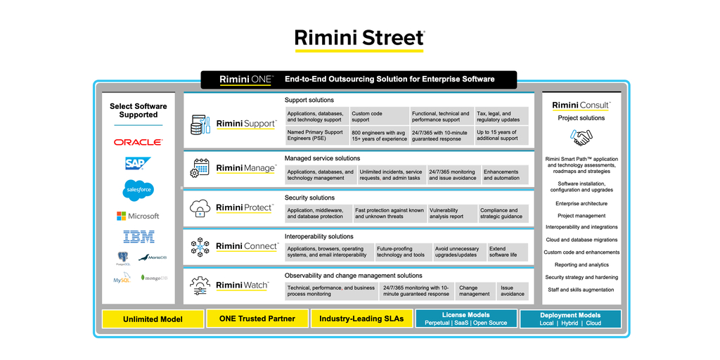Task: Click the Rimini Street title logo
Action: [x=359, y=38]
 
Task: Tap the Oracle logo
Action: [x=139, y=142]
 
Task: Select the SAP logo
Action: [x=138, y=164]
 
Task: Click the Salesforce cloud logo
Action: [x=139, y=189]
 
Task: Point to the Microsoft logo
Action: [x=139, y=216]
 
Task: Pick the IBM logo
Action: [x=139, y=237]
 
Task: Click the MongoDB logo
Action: [x=154, y=278]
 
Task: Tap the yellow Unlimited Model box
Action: [x=153, y=319]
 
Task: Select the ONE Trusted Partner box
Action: [x=257, y=319]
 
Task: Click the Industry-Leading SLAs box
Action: [x=361, y=319]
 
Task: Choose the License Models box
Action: [x=465, y=319]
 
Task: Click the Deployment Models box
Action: [x=570, y=319]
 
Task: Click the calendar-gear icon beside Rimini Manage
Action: [x=200, y=168]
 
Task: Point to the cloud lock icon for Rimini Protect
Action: [x=200, y=207]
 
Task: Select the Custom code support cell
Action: [x=379, y=117]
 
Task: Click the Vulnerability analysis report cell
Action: [x=451, y=213]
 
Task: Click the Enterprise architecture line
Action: [x=581, y=204]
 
